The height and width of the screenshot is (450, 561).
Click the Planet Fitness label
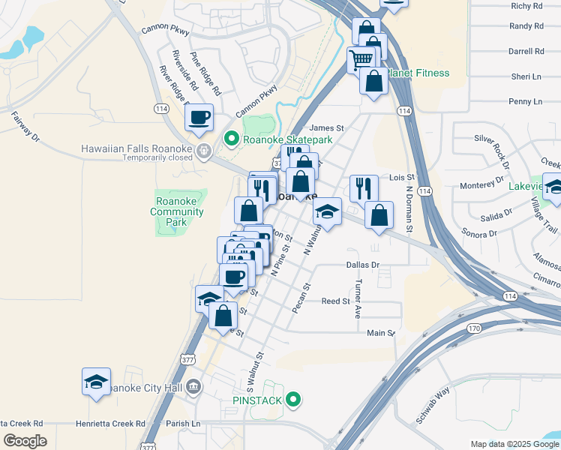418,73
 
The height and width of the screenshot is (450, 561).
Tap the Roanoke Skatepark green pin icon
232,139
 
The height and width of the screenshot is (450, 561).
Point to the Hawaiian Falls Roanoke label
137,148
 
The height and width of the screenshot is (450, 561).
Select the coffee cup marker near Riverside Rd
199,117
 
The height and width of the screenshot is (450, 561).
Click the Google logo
25,441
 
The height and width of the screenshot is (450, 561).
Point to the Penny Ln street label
525,101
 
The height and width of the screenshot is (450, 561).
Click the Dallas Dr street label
363,265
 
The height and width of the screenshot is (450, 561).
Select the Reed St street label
336,301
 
